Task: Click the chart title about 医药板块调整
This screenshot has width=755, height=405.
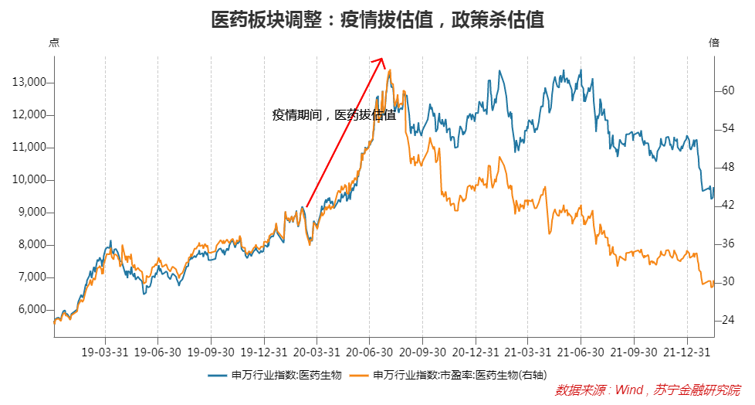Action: point(377,19)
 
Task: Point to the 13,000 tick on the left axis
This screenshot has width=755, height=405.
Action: point(29,83)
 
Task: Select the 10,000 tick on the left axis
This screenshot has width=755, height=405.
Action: point(29,180)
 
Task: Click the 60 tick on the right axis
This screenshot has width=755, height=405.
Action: point(727,90)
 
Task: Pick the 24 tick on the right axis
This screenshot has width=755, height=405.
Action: point(727,320)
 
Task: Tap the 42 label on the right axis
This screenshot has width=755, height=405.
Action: point(727,205)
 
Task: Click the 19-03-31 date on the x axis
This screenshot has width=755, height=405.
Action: point(105,352)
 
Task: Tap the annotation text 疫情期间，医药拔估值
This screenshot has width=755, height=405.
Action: point(333,115)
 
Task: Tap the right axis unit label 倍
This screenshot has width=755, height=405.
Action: point(714,43)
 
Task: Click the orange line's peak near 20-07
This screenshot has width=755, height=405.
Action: point(390,70)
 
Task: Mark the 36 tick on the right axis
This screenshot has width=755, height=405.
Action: point(727,243)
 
